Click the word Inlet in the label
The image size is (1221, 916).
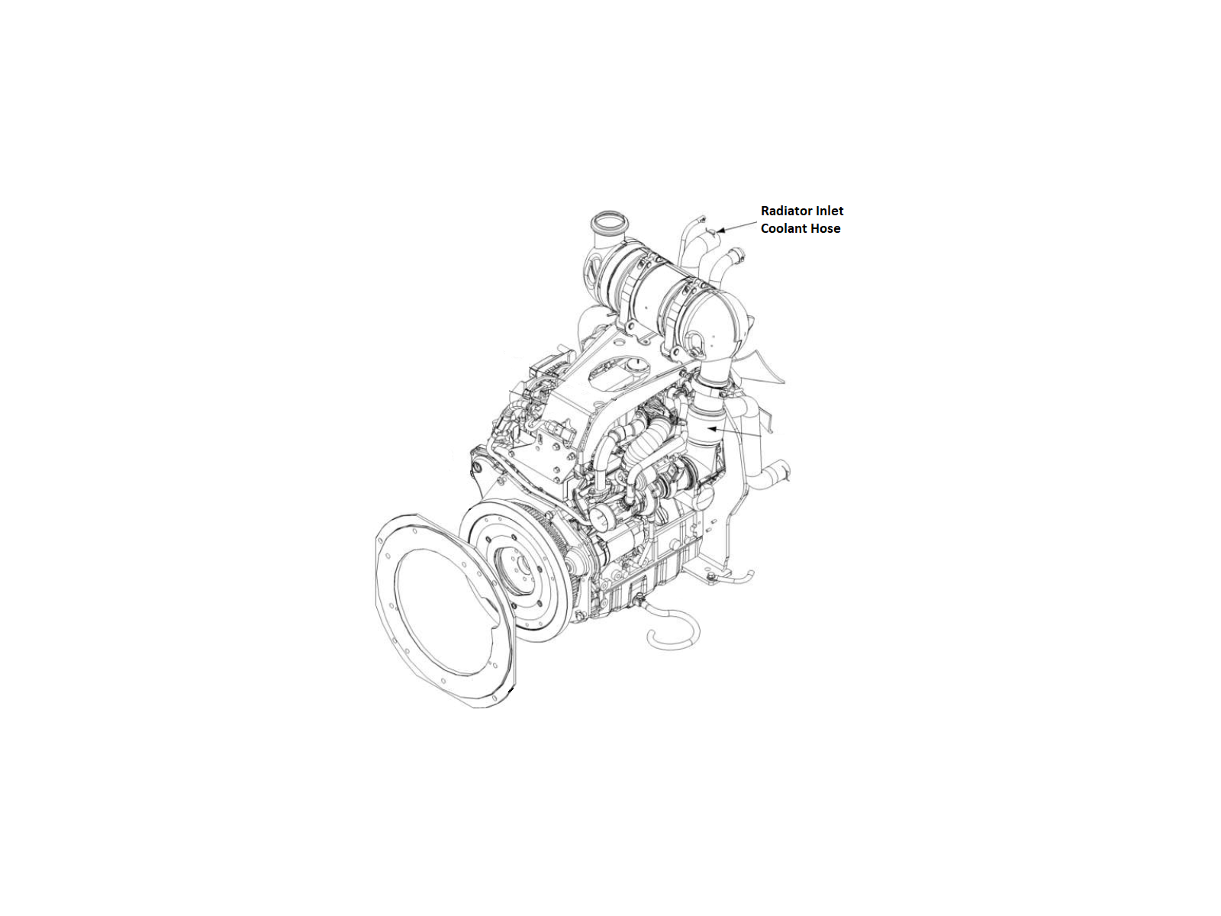pyautogui.click(x=830, y=211)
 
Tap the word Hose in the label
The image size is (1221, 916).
pyautogui.click(x=826, y=228)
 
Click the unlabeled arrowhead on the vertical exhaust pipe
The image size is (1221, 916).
pyautogui.click(x=711, y=429)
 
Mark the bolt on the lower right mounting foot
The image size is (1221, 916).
pyautogui.click(x=710, y=579)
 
